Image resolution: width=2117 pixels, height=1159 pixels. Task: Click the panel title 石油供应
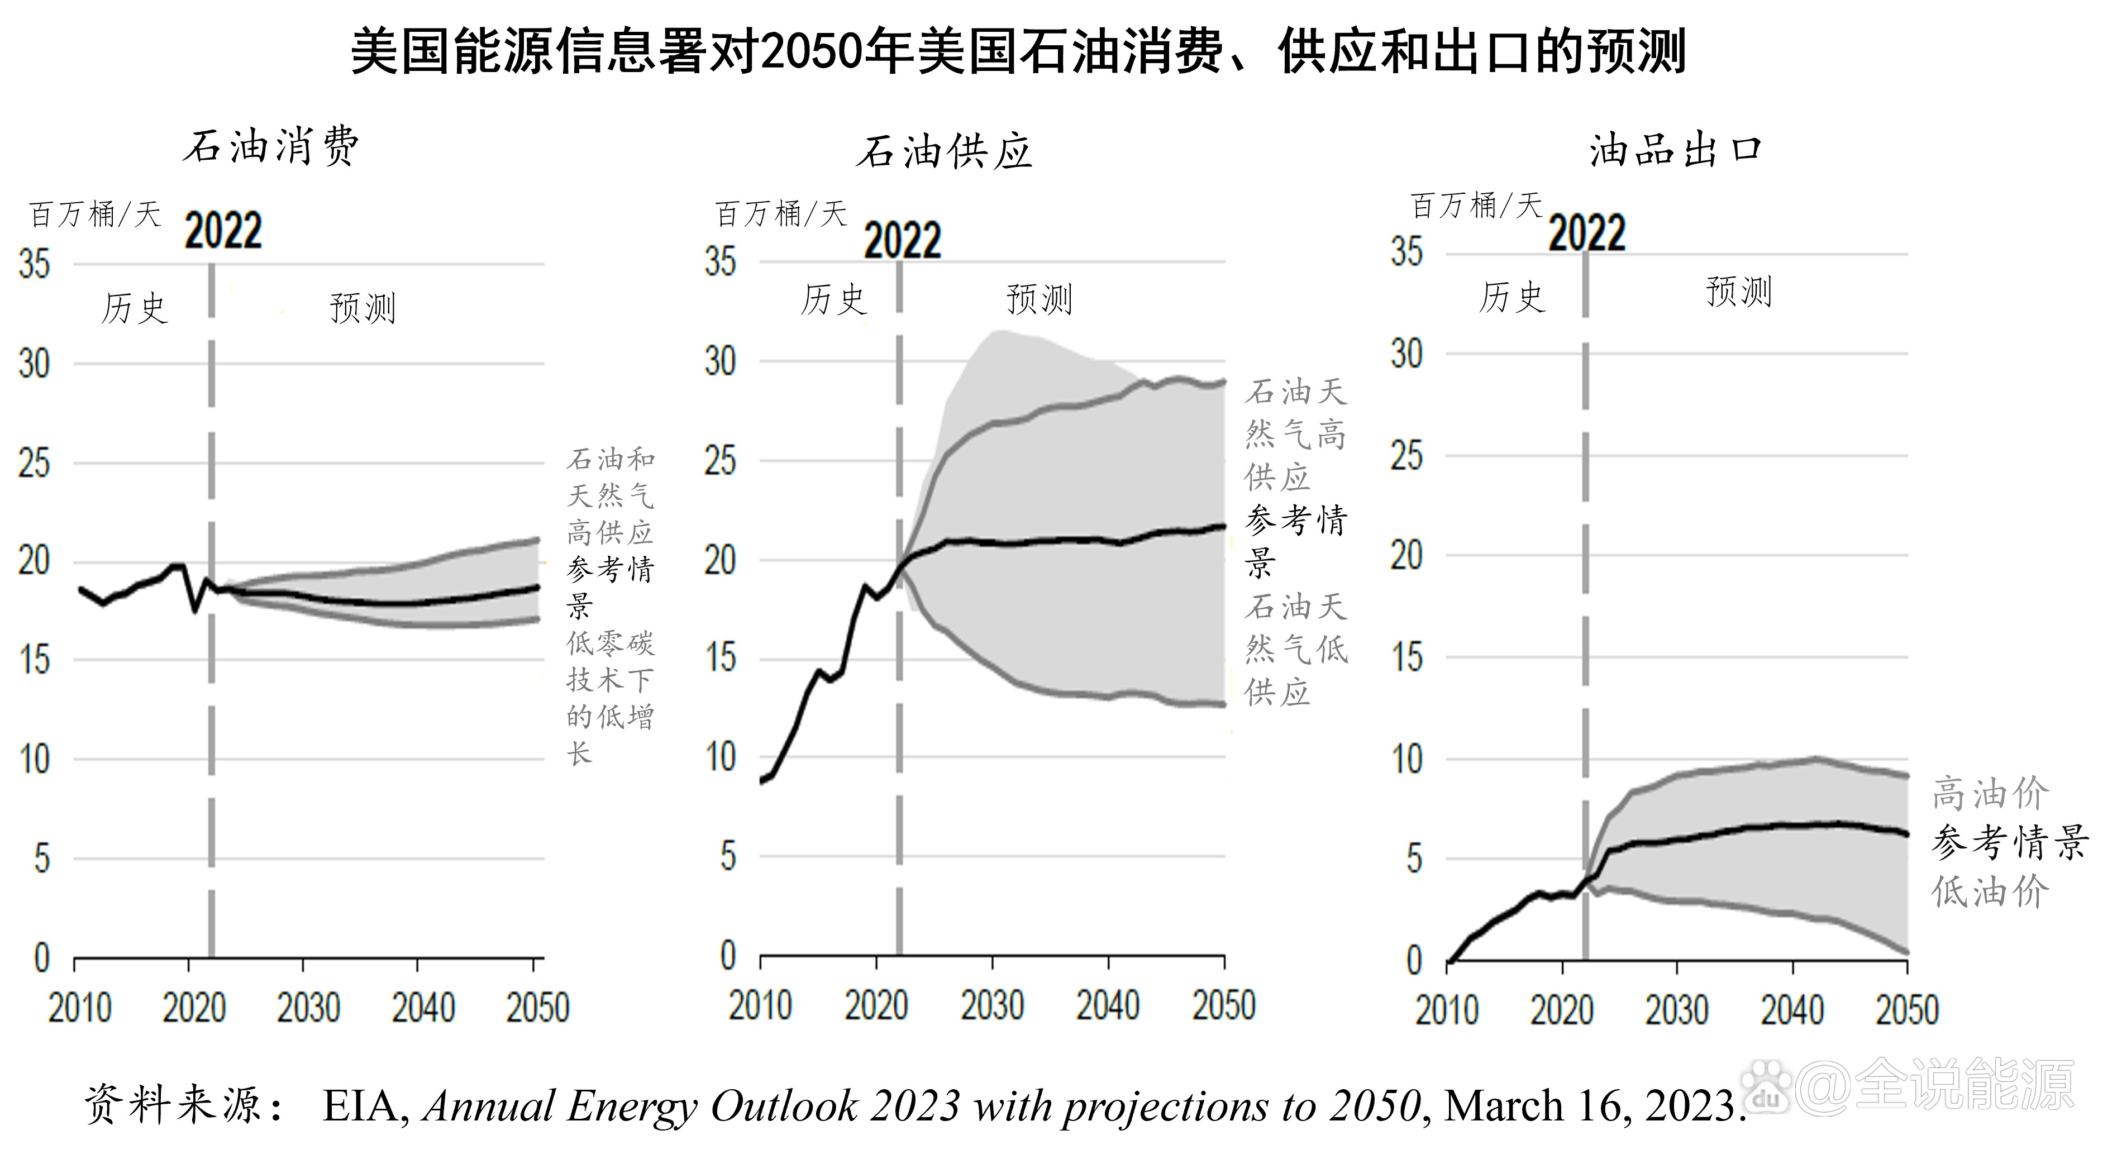point(943,152)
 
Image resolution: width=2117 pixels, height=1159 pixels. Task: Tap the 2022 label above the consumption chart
point(223,231)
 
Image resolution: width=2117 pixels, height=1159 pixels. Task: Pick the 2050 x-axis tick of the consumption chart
point(537,1008)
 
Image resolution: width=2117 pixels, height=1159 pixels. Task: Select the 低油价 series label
point(1990,892)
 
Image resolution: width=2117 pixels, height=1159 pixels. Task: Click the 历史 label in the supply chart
point(833,299)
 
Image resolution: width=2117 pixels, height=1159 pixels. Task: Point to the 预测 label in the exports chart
point(1738,292)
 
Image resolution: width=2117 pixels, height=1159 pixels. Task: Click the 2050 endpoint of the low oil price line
point(1906,952)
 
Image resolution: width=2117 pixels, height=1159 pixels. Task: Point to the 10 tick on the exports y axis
point(1407,759)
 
